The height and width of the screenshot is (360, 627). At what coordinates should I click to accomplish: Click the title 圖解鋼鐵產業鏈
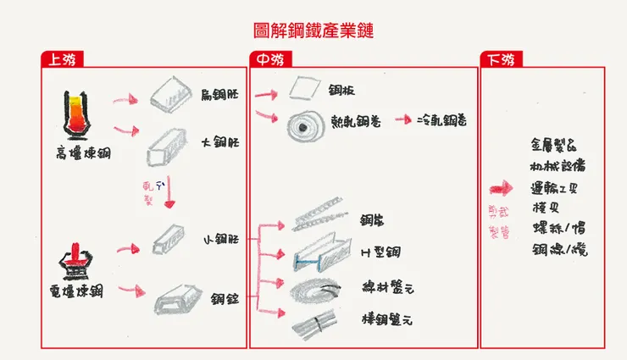pyautogui.click(x=313, y=31)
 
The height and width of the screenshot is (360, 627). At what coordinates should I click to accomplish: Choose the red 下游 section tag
pyautogui.click(x=501, y=60)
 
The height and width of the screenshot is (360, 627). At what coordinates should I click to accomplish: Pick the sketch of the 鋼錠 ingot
pyautogui.click(x=179, y=299)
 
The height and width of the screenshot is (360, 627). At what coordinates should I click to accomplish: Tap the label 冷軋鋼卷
pyautogui.click(x=443, y=120)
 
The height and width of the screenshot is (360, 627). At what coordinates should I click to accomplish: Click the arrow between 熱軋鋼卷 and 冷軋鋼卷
pyautogui.click(x=403, y=120)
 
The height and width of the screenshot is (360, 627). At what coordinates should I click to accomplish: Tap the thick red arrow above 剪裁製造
pyautogui.click(x=502, y=190)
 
